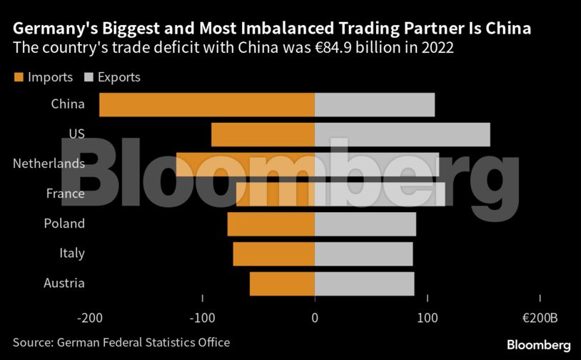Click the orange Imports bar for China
pos(207,104)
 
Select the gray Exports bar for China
pos(374,104)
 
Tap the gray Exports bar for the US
pos(402,134)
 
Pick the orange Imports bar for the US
pos(263,134)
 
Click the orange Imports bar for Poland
pos(271,224)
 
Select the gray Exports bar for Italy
pos(363,254)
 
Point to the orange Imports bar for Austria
pos(282,284)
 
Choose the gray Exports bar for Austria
pos(364,284)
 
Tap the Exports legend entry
pos(112,77)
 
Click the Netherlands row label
pos(49,164)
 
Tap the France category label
pos(65,194)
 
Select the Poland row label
pos(64,224)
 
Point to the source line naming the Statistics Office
pos(121,343)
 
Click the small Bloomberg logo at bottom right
pos(538,345)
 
